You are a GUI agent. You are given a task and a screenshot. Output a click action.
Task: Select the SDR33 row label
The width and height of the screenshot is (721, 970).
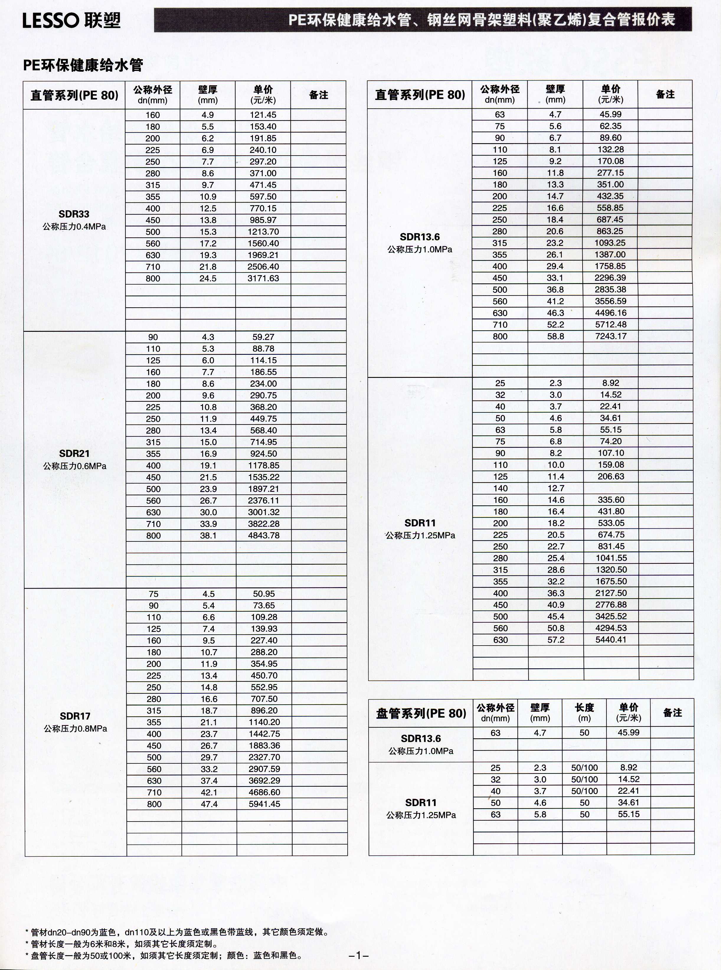(x=74, y=214)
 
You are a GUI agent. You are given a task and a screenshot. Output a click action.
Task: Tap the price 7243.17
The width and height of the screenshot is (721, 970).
(x=611, y=336)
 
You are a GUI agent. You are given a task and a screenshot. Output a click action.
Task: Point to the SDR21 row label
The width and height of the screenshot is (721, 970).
(x=74, y=454)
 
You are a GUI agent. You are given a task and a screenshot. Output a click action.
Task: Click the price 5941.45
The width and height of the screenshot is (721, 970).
(x=264, y=804)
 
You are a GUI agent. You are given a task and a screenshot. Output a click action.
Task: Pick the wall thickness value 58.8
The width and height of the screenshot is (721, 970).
(x=556, y=336)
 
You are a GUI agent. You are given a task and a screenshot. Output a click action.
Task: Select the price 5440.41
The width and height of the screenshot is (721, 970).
(x=611, y=640)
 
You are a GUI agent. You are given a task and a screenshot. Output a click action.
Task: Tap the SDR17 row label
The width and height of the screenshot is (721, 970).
(x=75, y=716)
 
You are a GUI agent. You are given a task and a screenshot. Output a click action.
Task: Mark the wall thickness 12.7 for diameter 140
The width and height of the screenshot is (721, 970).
(x=556, y=488)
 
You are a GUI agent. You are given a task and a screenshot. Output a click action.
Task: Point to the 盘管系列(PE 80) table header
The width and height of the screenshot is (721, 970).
(x=421, y=713)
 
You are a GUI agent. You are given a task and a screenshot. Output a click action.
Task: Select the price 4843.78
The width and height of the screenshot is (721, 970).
(x=264, y=535)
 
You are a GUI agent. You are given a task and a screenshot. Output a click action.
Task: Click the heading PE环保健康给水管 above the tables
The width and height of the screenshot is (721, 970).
(x=83, y=66)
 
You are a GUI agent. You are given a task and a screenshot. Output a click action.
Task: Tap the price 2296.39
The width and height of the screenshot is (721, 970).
(x=611, y=278)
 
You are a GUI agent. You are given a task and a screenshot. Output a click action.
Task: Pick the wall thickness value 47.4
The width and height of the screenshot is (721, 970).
(x=209, y=804)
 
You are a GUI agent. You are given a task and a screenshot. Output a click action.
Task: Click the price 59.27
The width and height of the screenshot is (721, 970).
(x=263, y=337)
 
